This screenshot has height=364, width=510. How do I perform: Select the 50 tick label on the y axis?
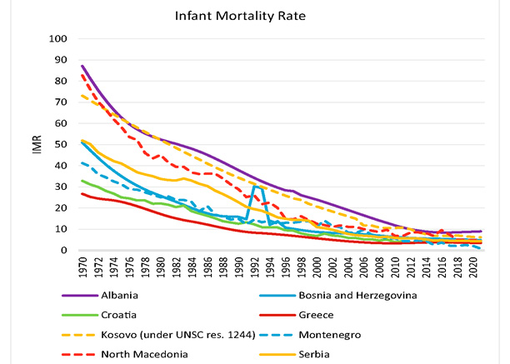pyautogui.click(x=61, y=144)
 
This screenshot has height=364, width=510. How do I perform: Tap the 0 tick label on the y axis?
pyautogui.click(x=64, y=250)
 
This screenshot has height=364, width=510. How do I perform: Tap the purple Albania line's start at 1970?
pyautogui.click(x=82, y=66)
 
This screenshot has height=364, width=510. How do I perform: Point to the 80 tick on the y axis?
pyautogui.click(x=61, y=81)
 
